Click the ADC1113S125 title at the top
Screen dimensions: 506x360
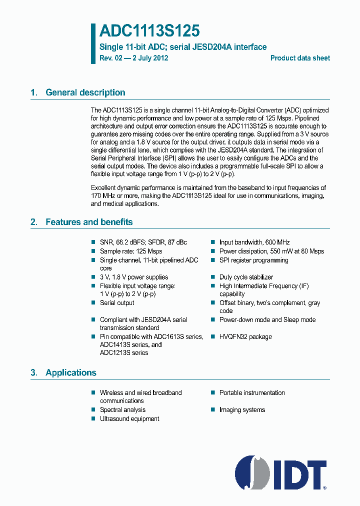point(149,31)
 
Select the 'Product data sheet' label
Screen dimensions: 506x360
point(300,58)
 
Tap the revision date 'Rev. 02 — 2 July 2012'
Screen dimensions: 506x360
point(133,58)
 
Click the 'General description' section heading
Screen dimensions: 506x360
point(85,92)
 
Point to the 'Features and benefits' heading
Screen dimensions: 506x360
point(89,222)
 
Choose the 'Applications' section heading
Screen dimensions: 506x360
point(70,372)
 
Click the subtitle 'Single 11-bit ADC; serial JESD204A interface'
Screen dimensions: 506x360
point(183,47)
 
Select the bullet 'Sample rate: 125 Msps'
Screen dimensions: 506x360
point(131,251)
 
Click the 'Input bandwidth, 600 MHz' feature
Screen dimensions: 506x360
point(254,242)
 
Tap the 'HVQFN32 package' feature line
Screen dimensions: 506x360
point(245,336)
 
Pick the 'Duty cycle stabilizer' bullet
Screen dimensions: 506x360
point(246,277)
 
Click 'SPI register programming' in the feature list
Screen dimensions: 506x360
point(253,260)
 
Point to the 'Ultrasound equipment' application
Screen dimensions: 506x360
point(129,418)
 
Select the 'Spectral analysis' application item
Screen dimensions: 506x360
point(122,409)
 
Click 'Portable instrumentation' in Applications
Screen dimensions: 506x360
point(252,392)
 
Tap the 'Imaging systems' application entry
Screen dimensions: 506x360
point(242,409)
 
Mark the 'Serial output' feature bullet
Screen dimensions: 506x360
point(117,302)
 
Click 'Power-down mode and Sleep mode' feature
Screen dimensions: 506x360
point(267,319)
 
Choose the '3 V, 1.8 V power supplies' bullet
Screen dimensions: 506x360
point(134,277)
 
